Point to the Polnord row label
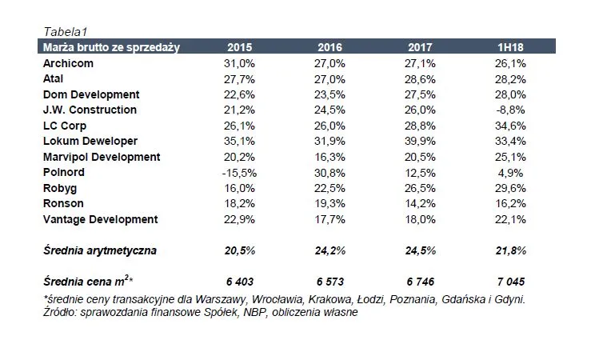pyautogui.click(x=62, y=173)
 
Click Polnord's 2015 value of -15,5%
pyautogui.click(x=239, y=173)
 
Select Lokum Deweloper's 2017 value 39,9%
pyautogui.click(x=420, y=142)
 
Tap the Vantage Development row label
pyautogui.click(x=100, y=220)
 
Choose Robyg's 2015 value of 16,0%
pyautogui.click(x=241, y=189)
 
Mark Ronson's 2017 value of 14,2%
pyautogui.click(x=420, y=204)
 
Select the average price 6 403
pyautogui.click(x=240, y=283)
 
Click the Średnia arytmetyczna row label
pyautogui.click(x=99, y=251)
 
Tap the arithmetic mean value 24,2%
pyautogui.click(x=329, y=251)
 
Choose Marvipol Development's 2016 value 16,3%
pyautogui.click(x=329, y=158)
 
